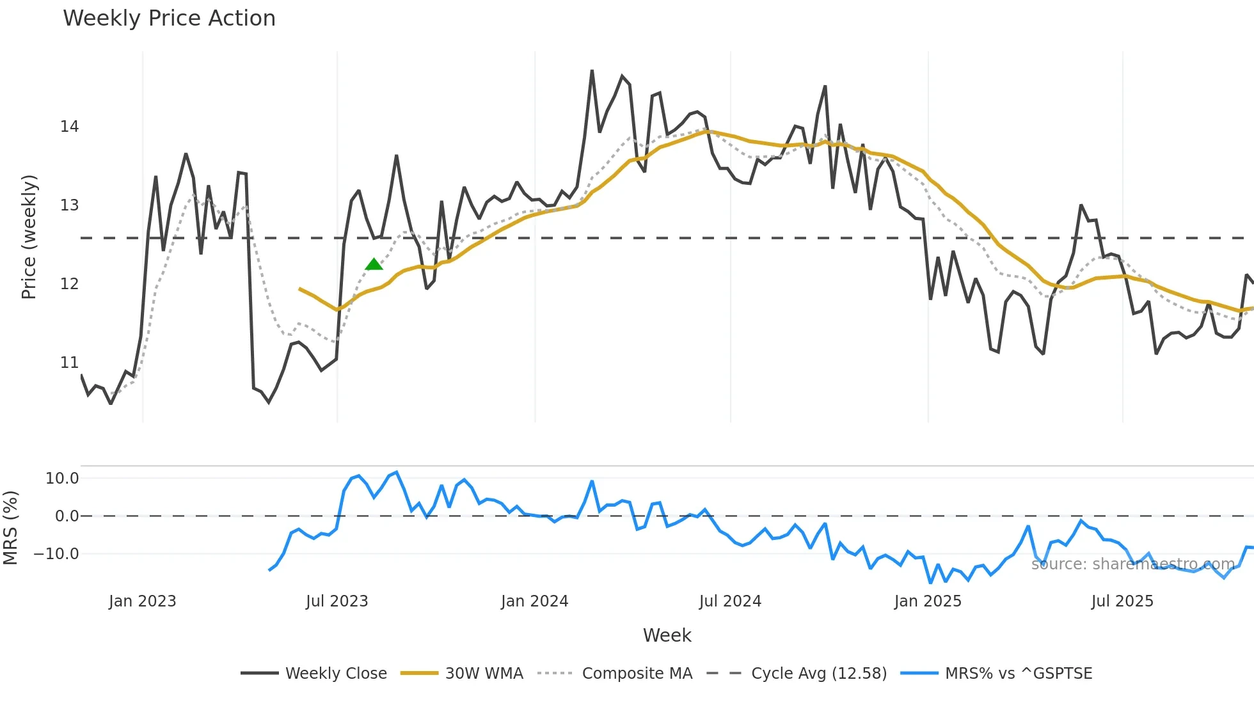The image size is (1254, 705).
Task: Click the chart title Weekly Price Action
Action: (x=169, y=18)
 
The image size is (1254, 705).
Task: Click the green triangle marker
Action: (x=374, y=264)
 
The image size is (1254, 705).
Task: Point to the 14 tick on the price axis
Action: (x=69, y=127)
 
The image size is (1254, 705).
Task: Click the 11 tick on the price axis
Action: (x=69, y=363)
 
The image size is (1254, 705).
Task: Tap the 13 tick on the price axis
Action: (x=69, y=205)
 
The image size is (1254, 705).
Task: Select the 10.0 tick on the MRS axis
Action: (x=62, y=479)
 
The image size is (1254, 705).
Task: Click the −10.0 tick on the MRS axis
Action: (x=56, y=554)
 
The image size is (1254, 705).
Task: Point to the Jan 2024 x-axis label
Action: (x=534, y=601)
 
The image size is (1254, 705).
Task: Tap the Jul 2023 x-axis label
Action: (x=337, y=601)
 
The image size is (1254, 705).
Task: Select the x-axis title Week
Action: (x=667, y=635)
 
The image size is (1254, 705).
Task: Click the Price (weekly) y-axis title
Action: (x=29, y=237)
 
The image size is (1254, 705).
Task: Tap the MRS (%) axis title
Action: (x=10, y=528)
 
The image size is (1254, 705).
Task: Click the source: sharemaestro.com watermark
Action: (x=1132, y=564)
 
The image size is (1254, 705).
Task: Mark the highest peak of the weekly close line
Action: (x=592, y=71)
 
